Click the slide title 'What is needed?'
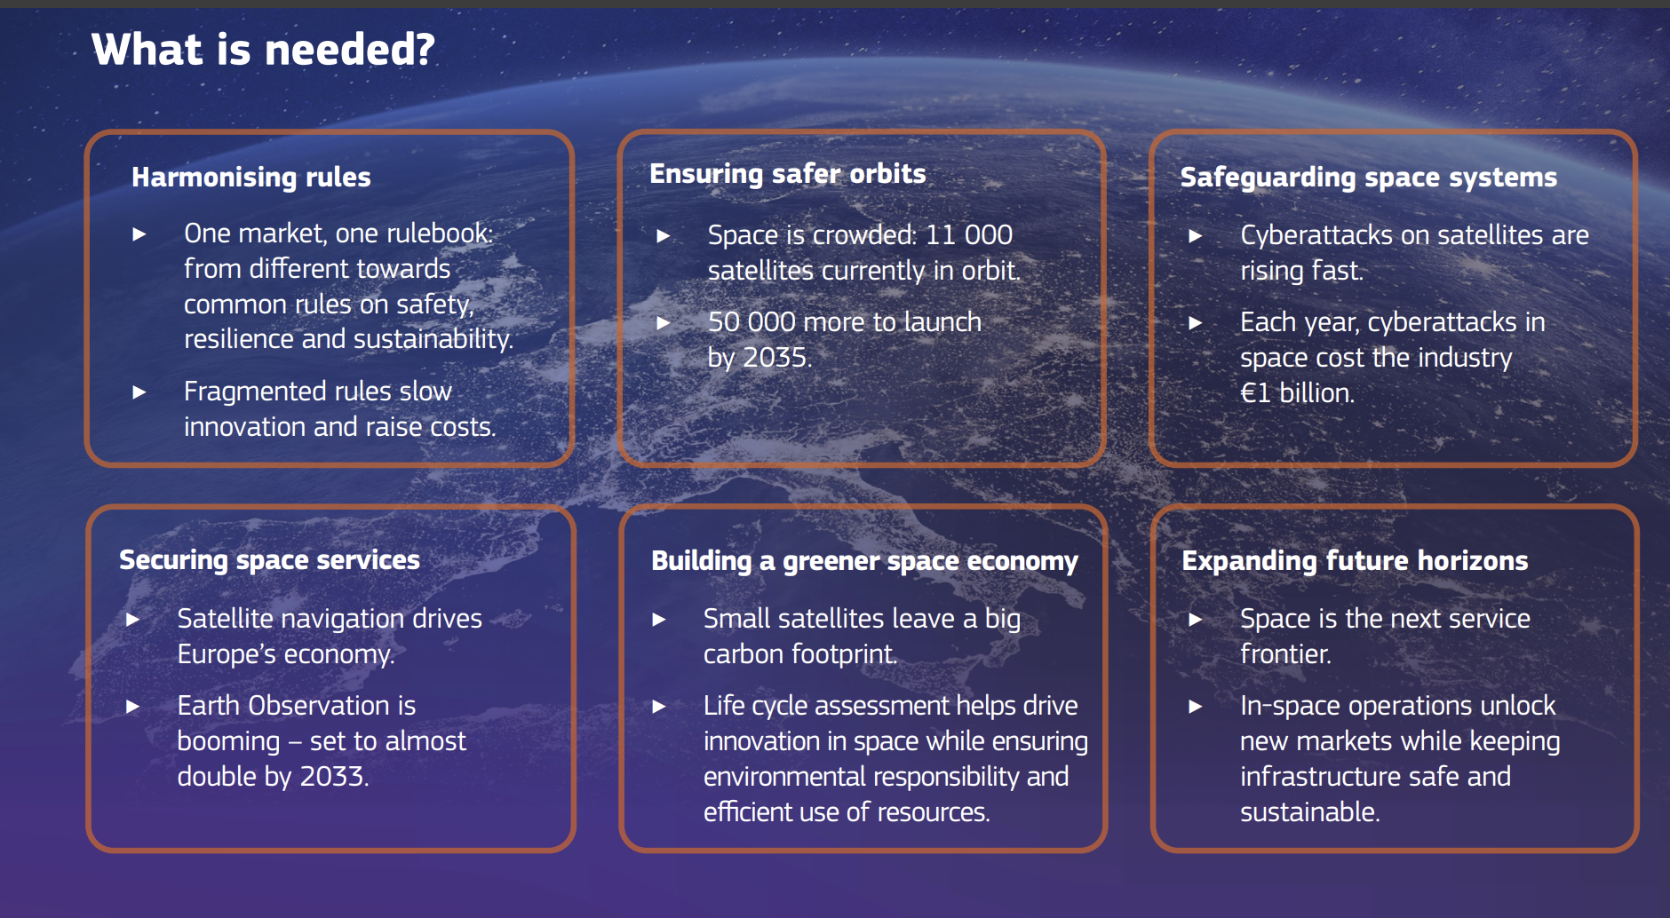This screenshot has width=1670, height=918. [263, 49]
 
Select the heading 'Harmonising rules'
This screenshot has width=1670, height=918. [251, 177]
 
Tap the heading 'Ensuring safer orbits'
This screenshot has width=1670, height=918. [788, 173]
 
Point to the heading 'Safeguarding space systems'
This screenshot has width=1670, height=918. [1369, 177]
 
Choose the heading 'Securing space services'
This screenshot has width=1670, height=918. [269, 559]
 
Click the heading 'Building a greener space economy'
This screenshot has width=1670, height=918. [864, 560]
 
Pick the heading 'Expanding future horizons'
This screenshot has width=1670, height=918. [1355, 560]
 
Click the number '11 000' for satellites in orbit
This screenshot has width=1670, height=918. [969, 234]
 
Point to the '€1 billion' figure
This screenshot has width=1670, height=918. [1296, 392]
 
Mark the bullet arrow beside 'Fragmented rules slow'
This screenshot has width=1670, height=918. [139, 392]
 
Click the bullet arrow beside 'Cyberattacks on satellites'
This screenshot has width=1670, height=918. [1196, 235]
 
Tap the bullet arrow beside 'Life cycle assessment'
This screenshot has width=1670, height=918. [659, 706]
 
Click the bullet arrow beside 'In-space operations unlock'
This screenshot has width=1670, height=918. [1196, 706]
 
